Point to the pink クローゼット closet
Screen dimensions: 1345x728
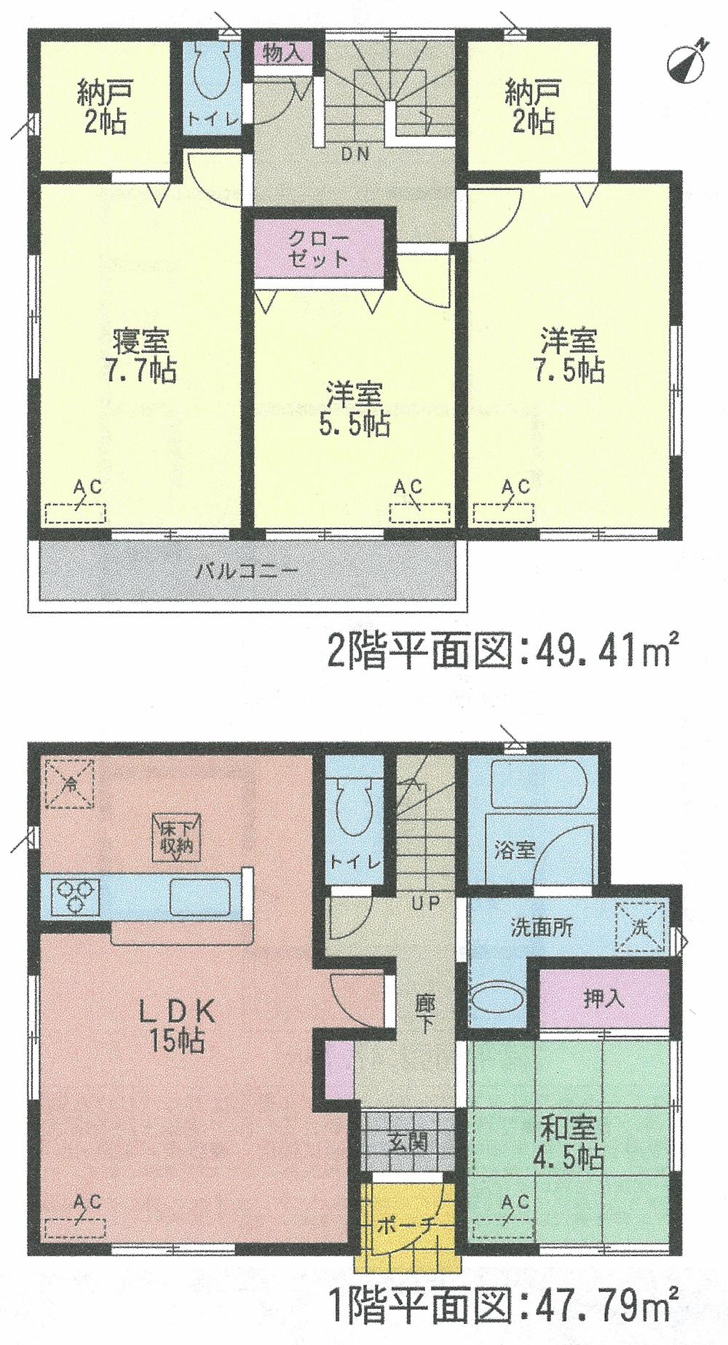click(x=318, y=250)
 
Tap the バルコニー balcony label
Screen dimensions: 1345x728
click(x=247, y=571)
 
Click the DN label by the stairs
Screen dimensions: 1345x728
click(x=355, y=154)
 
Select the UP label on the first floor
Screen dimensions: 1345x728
click(x=426, y=904)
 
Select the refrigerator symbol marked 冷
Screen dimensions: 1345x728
click(x=71, y=784)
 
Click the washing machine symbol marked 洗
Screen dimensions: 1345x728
click(x=641, y=927)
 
